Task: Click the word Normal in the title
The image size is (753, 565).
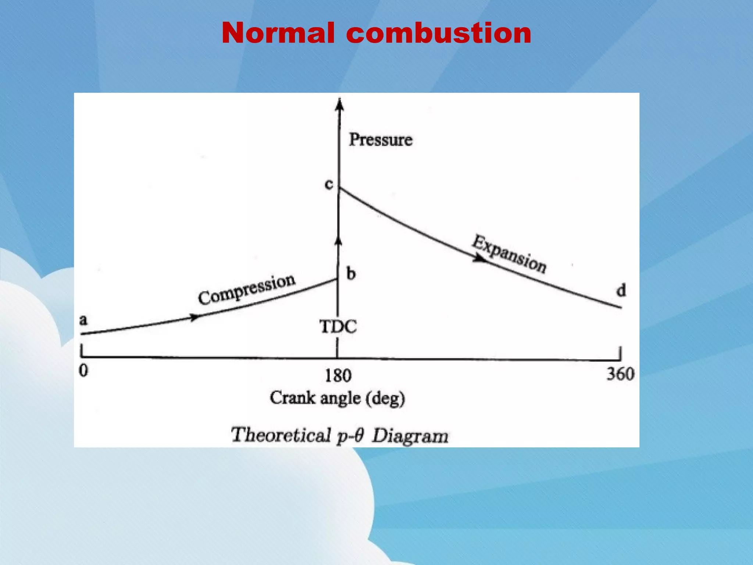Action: pyautogui.click(x=278, y=33)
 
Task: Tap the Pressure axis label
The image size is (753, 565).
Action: pyautogui.click(x=381, y=139)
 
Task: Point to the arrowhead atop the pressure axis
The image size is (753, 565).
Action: pyautogui.click(x=340, y=104)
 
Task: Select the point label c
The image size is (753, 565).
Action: pyautogui.click(x=329, y=184)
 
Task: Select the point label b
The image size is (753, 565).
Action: pyautogui.click(x=351, y=274)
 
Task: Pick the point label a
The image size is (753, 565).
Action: pyautogui.click(x=84, y=320)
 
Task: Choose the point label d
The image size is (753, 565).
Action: pyautogui.click(x=621, y=291)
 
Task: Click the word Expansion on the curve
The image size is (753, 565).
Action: pyautogui.click(x=509, y=254)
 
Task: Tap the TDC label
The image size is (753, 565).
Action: pyautogui.click(x=338, y=327)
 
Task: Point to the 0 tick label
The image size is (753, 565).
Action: pyautogui.click(x=84, y=370)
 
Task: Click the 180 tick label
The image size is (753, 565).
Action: pyautogui.click(x=338, y=376)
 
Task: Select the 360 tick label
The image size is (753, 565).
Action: pyautogui.click(x=620, y=374)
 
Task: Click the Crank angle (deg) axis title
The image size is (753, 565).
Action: pyautogui.click(x=337, y=398)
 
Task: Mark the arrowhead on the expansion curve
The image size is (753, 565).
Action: pyautogui.click(x=479, y=259)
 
